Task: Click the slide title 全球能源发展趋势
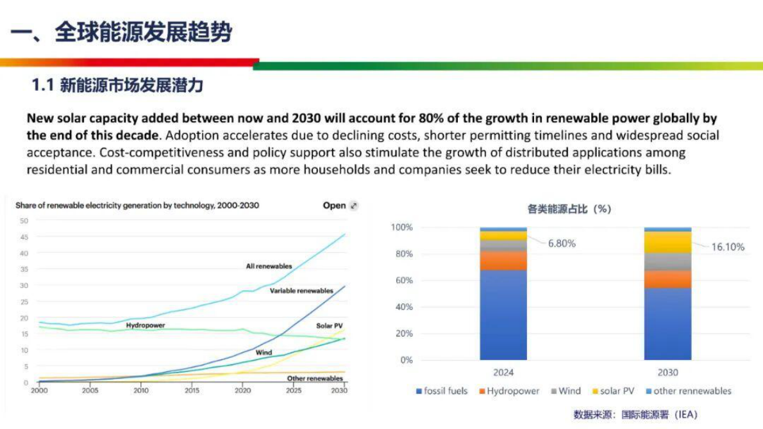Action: pos(142,32)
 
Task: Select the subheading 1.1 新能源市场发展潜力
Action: pos(117,85)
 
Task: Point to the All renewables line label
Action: pos(269,266)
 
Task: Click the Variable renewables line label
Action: pos(301,291)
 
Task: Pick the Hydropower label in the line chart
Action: pos(145,325)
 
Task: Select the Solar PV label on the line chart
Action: pos(329,326)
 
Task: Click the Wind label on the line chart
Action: pos(264,352)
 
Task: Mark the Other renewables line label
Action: pos(314,378)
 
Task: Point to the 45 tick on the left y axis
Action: pos(24,237)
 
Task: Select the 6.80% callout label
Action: pos(561,243)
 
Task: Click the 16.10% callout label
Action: pos(728,247)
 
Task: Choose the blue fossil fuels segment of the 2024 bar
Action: pos(503,314)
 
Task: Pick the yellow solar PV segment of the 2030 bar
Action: pos(667,242)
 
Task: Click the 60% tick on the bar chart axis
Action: pos(402,280)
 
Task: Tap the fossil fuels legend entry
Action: pos(442,391)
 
